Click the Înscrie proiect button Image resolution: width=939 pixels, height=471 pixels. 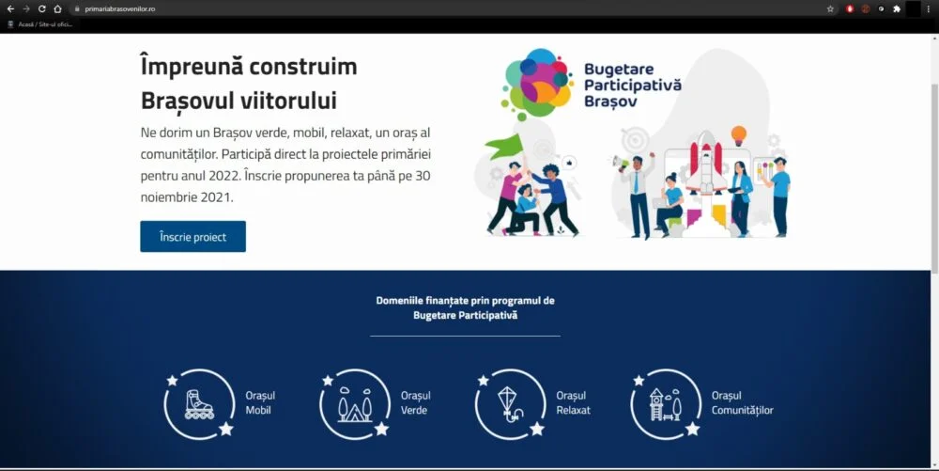coord(192,237)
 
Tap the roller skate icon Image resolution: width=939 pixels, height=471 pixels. coord(199,404)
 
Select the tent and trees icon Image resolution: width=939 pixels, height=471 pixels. coord(355,404)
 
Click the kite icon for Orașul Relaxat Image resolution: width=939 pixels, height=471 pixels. coord(509,403)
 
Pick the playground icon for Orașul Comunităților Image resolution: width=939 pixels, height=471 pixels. coord(666,404)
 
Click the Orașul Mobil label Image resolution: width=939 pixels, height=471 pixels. coord(260,402)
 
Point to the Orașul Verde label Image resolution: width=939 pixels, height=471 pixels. coord(416,402)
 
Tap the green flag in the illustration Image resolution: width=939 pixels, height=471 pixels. coord(504,147)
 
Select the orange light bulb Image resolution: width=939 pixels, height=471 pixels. coord(738,134)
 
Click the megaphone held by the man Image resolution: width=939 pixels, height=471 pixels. coord(621,162)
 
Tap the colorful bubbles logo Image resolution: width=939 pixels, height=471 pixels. coord(535,84)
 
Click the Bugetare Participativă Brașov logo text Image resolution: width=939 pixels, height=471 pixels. coord(632,86)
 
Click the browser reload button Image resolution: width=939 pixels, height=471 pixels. coord(42,9)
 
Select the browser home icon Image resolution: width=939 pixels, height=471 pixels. coord(57,9)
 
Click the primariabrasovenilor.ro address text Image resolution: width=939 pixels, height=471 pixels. coord(120,9)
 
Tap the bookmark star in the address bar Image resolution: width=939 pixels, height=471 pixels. coord(830,9)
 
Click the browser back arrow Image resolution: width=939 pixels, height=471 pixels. coord(10,9)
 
